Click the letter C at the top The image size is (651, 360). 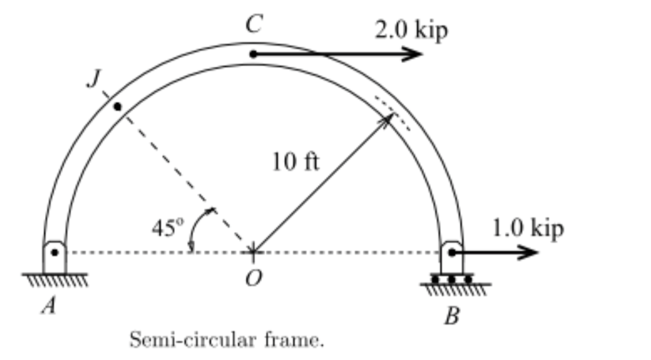[254, 25]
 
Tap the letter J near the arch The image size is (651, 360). [93, 79]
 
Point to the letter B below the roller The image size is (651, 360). [451, 315]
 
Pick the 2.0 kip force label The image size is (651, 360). [411, 31]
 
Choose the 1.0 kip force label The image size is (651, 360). [528, 228]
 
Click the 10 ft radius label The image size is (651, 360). [296, 162]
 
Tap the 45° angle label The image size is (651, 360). [167, 227]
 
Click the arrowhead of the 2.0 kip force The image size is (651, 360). [416, 54]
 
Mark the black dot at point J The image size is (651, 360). [117, 106]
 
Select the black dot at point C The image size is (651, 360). [253, 54]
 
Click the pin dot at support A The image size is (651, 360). [55, 253]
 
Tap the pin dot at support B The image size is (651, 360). [451, 253]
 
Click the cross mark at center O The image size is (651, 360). [253, 252]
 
